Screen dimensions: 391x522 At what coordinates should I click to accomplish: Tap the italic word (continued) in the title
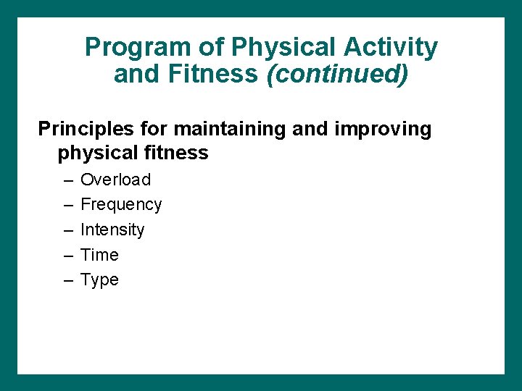pyautogui.click(x=337, y=74)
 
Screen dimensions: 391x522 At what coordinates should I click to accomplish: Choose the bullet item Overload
pyautogui.click(x=115, y=180)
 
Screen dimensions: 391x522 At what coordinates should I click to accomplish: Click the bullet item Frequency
pyautogui.click(x=121, y=205)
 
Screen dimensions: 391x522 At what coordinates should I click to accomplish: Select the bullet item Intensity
pyautogui.click(x=112, y=230)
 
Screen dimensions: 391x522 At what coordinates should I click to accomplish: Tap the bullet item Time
pyautogui.click(x=99, y=255)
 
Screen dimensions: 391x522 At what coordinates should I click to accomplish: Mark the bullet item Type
pyautogui.click(x=99, y=280)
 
